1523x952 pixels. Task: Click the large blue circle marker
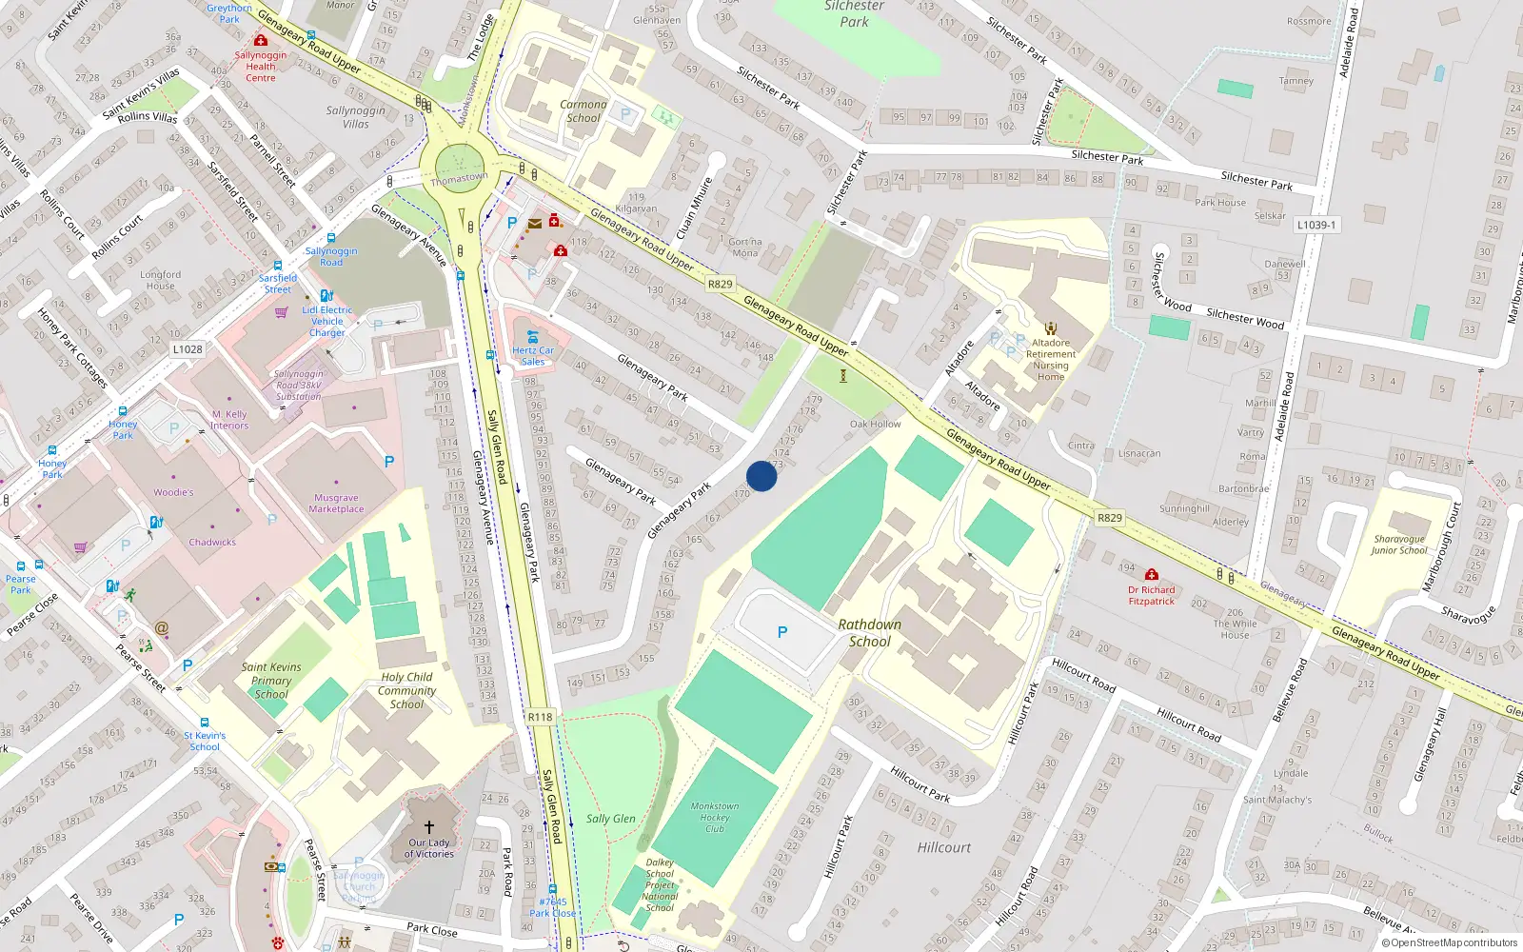pos(761,476)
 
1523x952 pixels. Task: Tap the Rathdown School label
pos(870,633)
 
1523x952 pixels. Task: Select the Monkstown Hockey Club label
pos(715,818)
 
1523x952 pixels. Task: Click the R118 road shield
pos(540,717)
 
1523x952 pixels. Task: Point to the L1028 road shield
pos(188,349)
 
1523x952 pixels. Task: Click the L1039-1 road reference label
pos(1316,225)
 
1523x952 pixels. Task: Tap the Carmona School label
pos(583,111)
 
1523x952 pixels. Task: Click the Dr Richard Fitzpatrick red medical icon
pos(1152,575)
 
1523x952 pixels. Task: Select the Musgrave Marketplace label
pos(336,504)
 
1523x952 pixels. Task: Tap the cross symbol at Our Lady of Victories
pos(428,827)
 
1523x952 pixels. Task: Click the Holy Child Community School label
pos(406,690)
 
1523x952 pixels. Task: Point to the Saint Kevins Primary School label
pos(271,681)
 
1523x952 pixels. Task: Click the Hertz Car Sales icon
pos(533,336)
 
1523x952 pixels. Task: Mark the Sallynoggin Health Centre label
pos(261,67)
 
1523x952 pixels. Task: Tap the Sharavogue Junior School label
pos(1399,545)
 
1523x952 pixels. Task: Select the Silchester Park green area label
pos(854,14)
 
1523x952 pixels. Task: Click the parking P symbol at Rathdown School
pos(782,632)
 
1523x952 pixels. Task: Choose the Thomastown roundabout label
pos(459,178)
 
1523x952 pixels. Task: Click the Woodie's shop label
pos(173,492)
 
